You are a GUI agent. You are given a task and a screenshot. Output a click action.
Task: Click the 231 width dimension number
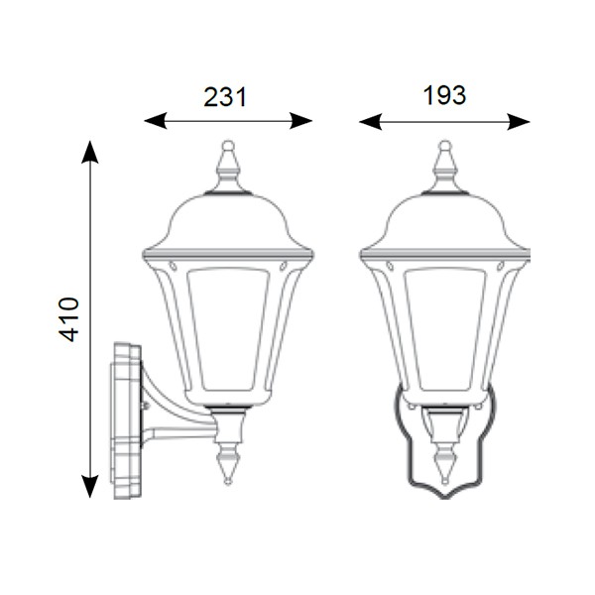click(225, 97)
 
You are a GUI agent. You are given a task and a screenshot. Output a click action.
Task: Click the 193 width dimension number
click(444, 95)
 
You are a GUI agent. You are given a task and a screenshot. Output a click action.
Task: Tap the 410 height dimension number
click(68, 319)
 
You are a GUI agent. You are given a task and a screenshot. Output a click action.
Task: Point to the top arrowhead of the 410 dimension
click(90, 152)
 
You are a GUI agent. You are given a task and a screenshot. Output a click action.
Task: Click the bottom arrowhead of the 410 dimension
click(90, 486)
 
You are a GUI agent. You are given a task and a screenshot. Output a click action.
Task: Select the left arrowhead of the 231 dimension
click(156, 121)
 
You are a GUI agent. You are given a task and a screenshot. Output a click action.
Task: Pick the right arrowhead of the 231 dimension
click(300, 121)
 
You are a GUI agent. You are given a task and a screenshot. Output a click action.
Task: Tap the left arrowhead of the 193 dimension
click(370, 121)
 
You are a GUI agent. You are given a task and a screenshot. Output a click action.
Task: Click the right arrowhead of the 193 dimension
click(519, 121)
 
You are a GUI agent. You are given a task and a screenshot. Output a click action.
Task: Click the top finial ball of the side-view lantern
click(228, 146)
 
